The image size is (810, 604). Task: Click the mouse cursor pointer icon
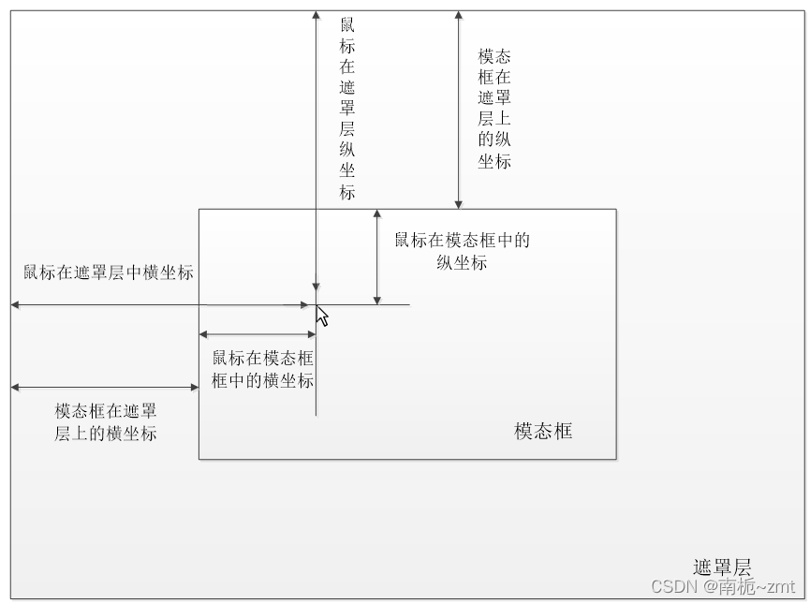click(321, 317)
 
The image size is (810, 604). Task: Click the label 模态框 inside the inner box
click(543, 432)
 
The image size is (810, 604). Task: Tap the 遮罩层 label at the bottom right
click(722, 567)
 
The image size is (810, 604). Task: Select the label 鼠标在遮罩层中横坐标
click(109, 273)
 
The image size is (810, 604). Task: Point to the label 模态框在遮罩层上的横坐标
click(106, 422)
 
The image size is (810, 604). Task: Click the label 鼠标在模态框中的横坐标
click(263, 370)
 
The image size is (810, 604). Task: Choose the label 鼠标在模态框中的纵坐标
click(462, 251)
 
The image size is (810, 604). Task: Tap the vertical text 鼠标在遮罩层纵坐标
click(347, 108)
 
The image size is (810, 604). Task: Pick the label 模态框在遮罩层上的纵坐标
click(494, 109)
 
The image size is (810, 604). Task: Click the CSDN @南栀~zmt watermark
click(722, 586)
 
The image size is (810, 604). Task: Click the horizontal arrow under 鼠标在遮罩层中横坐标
click(159, 304)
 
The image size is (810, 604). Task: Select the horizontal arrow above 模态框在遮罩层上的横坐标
click(105, 387)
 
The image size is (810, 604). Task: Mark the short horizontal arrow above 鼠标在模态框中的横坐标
click(258, 334)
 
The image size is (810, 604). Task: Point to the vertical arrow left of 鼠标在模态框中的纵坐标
click(376, 257)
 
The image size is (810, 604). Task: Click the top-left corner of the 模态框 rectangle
click(199, 210)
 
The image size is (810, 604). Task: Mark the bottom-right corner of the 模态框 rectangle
click(616, 459)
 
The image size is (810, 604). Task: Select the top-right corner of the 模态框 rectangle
click(616, 210)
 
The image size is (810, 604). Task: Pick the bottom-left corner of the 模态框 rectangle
click(199, 459)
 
